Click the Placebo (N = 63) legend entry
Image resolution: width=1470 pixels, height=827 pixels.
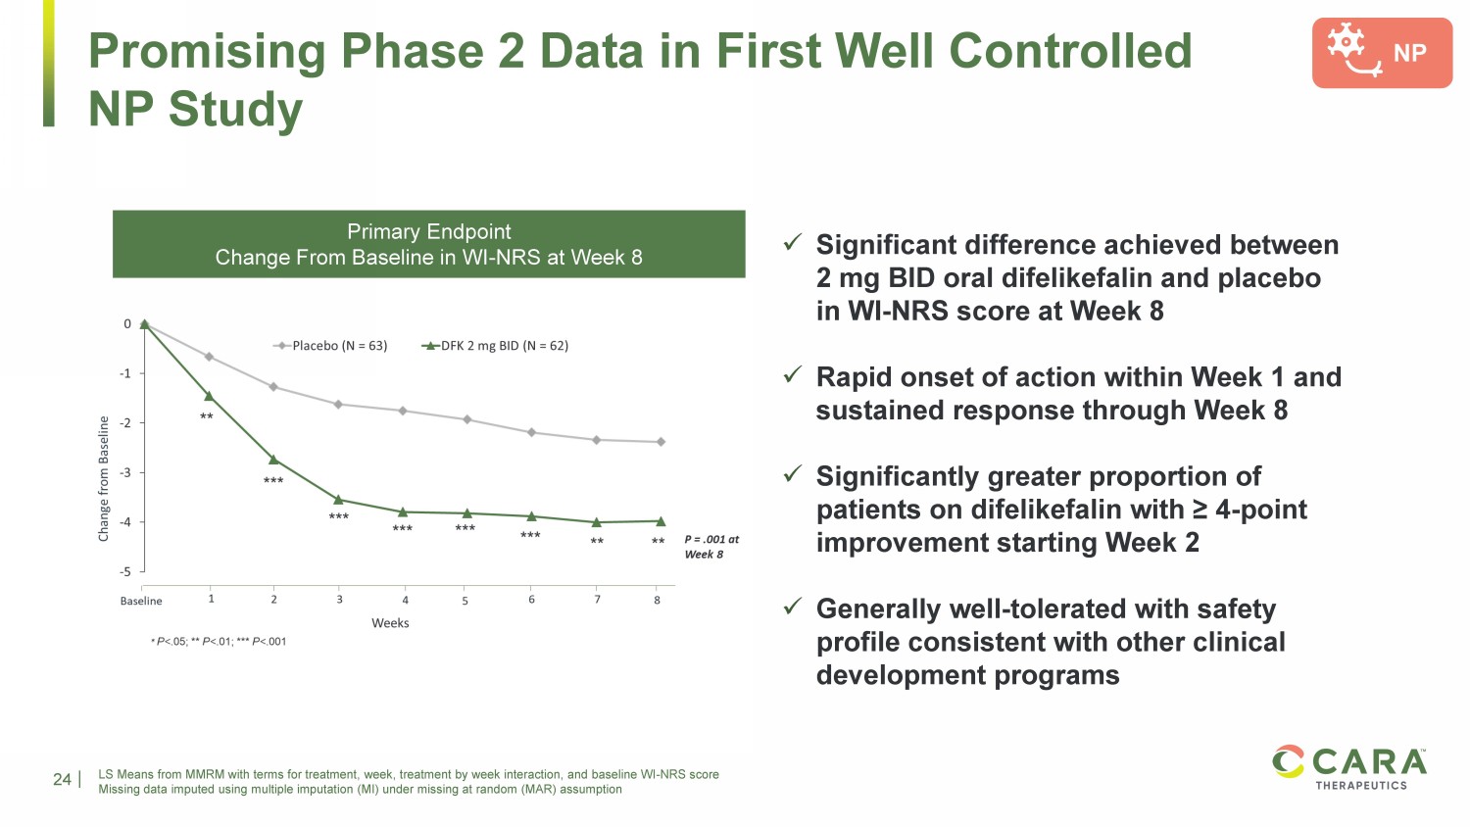(x=330, y=346)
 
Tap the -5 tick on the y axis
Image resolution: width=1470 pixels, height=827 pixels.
(x=125, y=571)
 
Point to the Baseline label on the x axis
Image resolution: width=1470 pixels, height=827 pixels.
(x=141, y=601)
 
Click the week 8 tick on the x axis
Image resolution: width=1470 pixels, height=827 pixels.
(x=658, y=600)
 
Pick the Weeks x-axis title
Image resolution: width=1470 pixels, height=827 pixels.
(x=390, y=623)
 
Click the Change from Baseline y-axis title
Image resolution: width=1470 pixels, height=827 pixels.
(x=104, y=478)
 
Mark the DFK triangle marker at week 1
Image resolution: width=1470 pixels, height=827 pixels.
(x=208, y=396)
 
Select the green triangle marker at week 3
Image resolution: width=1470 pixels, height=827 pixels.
(x=338, y=500)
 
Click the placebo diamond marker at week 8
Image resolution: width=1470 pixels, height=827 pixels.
(x=661, y=442)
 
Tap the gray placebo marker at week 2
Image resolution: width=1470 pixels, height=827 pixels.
(x=273, y=387)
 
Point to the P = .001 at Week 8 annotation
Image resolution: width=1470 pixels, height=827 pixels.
(x=711, y=547)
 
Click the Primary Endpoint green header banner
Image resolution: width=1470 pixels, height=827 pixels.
(x=429, y=244)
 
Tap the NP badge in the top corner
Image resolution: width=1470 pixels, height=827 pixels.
(x=1382, y=53)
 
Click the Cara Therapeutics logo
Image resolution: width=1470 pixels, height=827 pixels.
(x=1350, y=767)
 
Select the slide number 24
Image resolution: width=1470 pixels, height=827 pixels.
(x=62, y=779)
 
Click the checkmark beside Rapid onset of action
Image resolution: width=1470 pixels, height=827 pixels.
(x=793, y=374)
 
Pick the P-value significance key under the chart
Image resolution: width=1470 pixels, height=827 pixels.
(x=219, y=642)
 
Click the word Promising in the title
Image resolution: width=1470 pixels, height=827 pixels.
(x=206, y=51)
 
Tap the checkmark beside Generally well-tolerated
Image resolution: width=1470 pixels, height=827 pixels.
(x=793, y=607)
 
